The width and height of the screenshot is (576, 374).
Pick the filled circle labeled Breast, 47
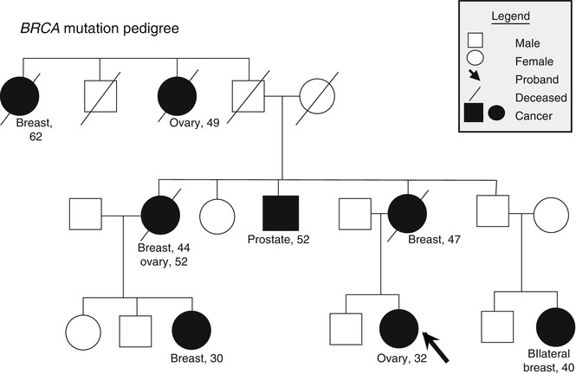click(x=407, y=213)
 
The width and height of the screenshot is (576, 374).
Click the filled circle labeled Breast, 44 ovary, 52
click(x=159, y=213)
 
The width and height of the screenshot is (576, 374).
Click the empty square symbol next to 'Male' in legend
click(x=475, y=40)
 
